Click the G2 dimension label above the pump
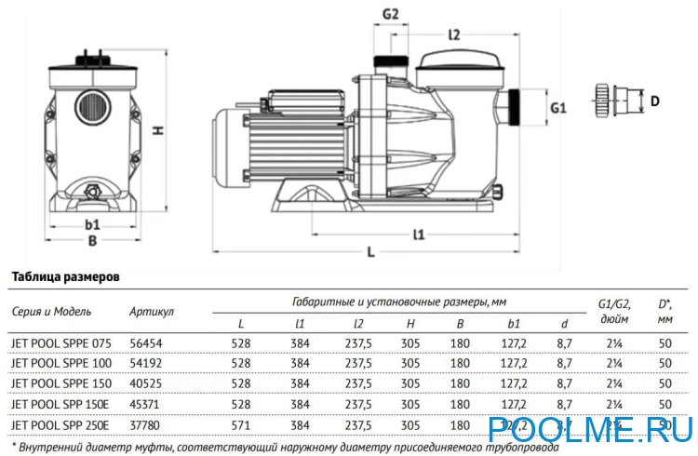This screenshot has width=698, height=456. pyautogui.click(x=391, y=14)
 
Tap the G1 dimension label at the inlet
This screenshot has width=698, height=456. pyautogui.click(x=558, y=108)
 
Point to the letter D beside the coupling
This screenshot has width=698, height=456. pyautogui.click(x=654, y=101)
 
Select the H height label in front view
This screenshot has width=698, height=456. pyautogui.click(x=159, y=131)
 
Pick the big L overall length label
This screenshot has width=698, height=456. pyautogui.click(x=370, y=252)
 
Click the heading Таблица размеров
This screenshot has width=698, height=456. pyautogui.click(x=63, y=277)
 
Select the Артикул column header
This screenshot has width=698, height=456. pyautogui.click(x=152, y=310)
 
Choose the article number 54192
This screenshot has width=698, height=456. pyautogui.click(x=146, y=363)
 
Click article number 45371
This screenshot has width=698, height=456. pyautogui.click(x=146, y=404)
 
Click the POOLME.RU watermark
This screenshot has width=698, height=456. pyautogui.click(x=591, y=429)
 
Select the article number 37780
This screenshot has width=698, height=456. pyautogui.click(x=146, y=424)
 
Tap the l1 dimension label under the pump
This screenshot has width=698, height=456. pyautogui.click(x=418, y=235)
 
